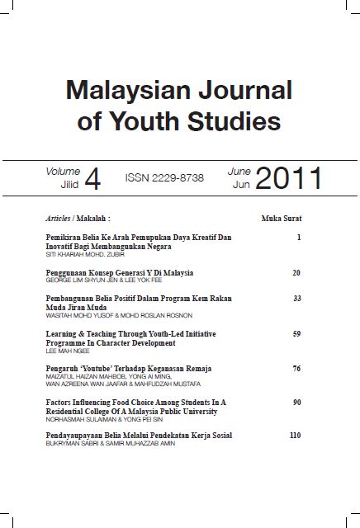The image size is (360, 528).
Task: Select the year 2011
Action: point(288,178)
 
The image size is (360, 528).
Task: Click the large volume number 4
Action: point(92,181)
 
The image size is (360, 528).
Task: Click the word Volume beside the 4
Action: point(64,172)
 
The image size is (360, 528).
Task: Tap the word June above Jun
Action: point(239,172)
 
